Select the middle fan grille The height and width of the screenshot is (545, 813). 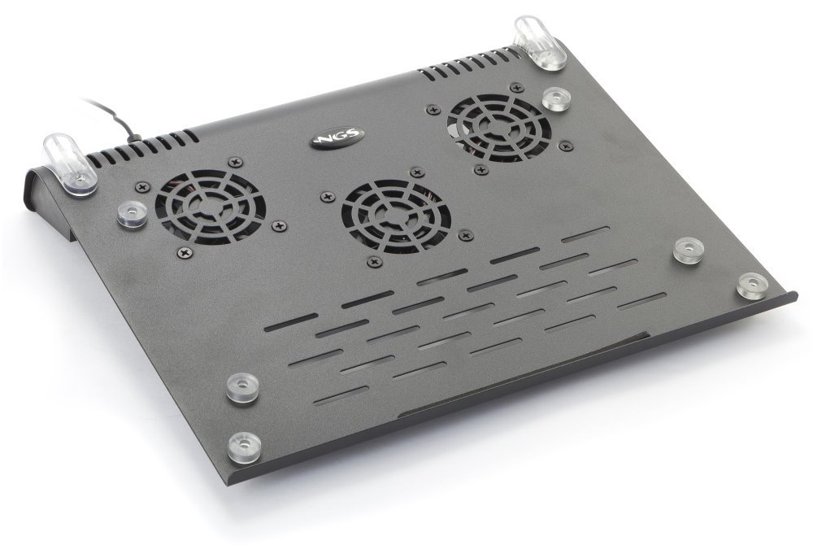[396, 216]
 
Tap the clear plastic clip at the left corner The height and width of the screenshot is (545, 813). [72, 165]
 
